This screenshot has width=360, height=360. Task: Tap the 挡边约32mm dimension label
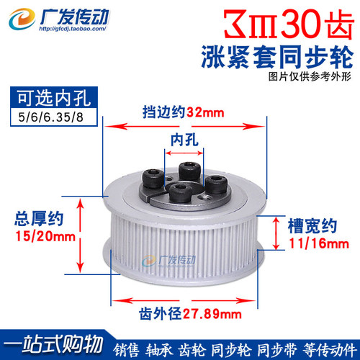click(x=184, y=112)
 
